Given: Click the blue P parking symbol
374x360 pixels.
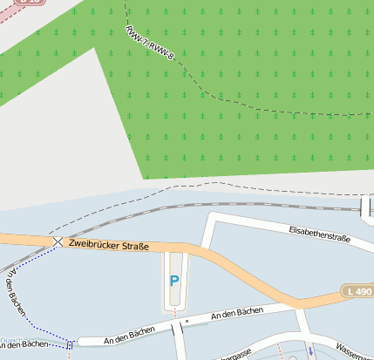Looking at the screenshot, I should [174, 282].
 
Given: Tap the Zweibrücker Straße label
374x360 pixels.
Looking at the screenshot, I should [108, 247].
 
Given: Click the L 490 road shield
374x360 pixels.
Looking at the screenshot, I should [357, 290].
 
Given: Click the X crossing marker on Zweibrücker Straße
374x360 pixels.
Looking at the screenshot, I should [58, 241].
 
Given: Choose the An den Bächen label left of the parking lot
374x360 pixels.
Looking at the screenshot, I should [128, 329].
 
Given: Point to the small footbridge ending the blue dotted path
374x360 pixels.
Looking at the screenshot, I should [70, 343].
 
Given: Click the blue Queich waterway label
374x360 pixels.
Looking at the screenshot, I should [10, 341].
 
